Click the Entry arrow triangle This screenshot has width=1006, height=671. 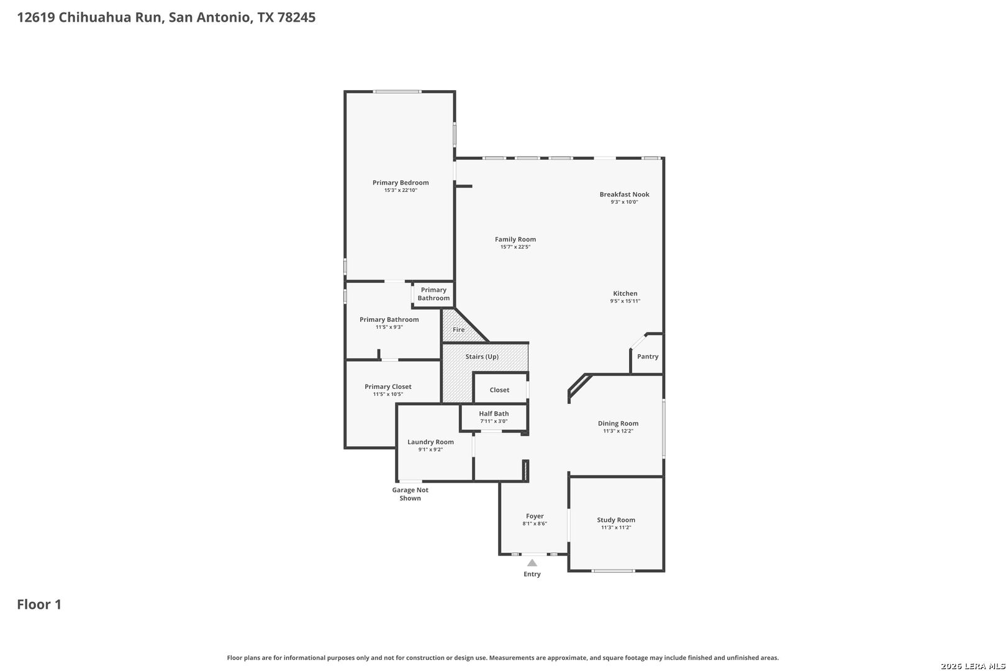click(532, 563)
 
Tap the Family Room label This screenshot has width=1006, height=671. click(515, 239)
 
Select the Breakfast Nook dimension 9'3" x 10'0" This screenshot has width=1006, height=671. click(624, 202)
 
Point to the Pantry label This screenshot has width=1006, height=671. click(648, 357)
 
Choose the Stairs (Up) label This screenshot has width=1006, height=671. click(482, 357)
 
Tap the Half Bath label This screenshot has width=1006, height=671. click(494, 414)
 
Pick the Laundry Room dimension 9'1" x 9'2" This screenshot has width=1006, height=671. click(430, 449)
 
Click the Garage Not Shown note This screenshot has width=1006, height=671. click(410, 494)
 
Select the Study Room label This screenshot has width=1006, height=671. click(616, 519)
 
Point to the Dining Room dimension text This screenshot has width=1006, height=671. click(618, 431)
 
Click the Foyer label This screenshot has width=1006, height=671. click(535, 516)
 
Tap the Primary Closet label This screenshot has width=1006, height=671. click(387, 386)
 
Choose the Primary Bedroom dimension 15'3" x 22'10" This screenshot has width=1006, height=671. click(401, 190)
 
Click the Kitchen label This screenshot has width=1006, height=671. click(625, 293)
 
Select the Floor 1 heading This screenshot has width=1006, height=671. click(39, 605)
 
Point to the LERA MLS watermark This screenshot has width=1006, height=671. click(972, 666)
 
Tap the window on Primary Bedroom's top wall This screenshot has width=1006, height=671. click(397, 92)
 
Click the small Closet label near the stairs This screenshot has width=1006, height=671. click(499, 390)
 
